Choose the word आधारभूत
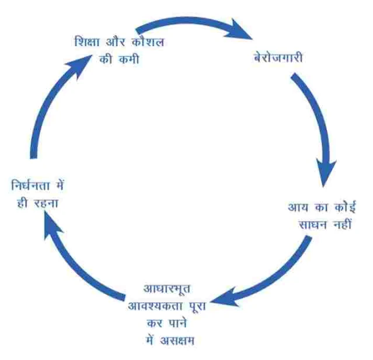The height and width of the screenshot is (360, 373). coord(166,289)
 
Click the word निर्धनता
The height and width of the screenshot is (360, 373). coord(35,188)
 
